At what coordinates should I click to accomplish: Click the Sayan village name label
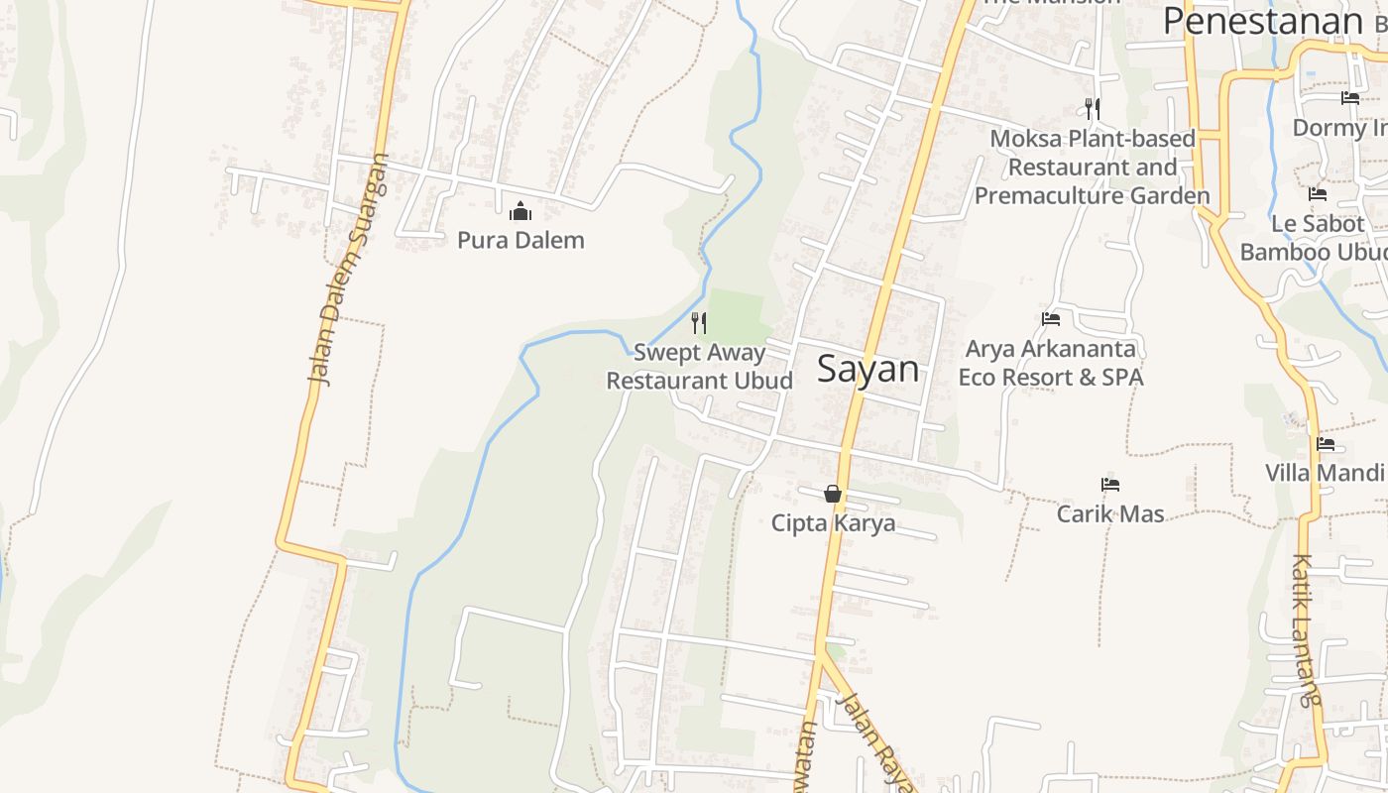point(867,369)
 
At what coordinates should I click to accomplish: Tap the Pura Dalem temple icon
point(520,211)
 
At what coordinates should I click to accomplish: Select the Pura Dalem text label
point(520,240)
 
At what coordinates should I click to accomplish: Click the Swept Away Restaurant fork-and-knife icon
point(699,322)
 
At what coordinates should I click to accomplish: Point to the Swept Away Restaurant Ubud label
point(699,367)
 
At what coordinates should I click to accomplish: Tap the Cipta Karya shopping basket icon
point(833,494)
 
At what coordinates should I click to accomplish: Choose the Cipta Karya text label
point(833,523)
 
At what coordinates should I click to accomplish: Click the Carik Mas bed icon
point(1110,485)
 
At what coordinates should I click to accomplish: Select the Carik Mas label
point(1110,513)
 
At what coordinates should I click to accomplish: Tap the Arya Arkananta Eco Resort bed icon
point(1051,319)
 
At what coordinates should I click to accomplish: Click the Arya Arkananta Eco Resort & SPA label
point(1051,363)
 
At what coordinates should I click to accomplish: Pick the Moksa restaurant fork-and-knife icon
point(1093,108)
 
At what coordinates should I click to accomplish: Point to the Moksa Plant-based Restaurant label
point(1093,167)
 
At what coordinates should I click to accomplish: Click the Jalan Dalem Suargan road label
point(347,269)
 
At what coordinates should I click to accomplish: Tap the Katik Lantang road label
point(1308,629)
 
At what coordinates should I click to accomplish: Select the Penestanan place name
point(1263,21)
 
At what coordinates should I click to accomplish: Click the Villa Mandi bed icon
point(1326,444)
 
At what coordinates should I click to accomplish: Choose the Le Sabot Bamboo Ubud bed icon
point(1318,194)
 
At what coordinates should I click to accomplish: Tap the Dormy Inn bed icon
point(1350,98)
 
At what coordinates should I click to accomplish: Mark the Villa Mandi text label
point(1326,473)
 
